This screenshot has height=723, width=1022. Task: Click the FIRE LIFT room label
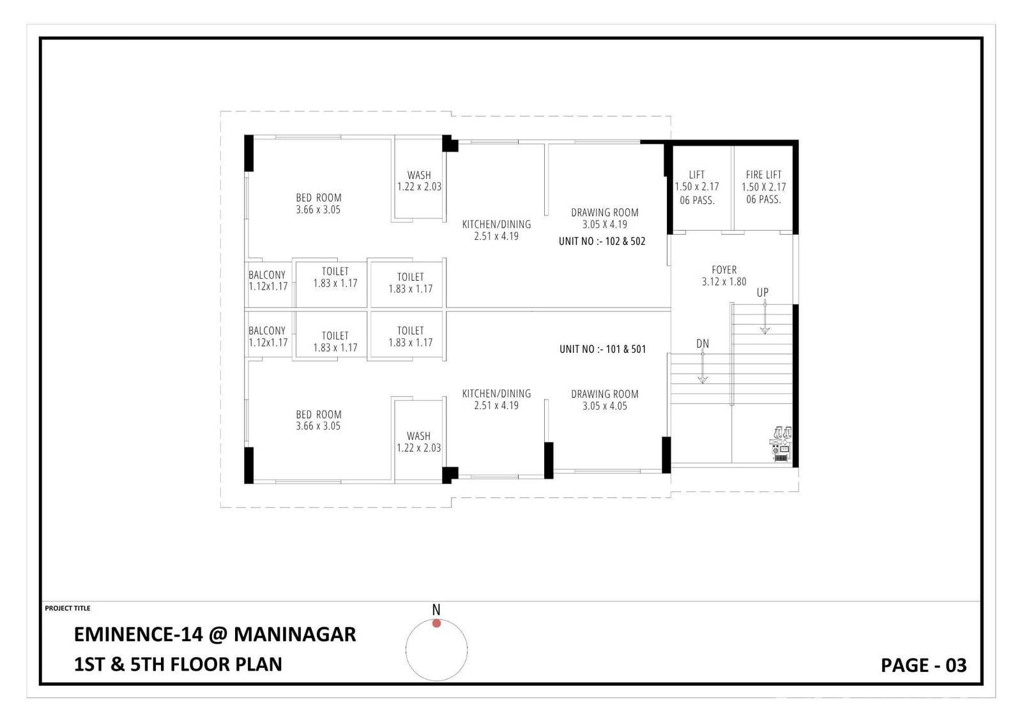[x=763, y=175]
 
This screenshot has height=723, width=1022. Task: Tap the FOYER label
[x=724, y=270]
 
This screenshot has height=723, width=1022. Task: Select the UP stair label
[x=763, y=292]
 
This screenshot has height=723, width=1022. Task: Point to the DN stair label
[x=703, y=343]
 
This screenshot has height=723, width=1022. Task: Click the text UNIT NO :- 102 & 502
[x=602, y=241]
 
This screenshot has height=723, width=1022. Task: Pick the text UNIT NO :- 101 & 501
[x=603, y=350]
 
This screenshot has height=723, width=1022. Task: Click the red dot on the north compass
[x=436, y=623]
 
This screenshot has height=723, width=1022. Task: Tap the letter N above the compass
[x=436, y=610]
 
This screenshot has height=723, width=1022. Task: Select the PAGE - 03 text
[x=924, y=665]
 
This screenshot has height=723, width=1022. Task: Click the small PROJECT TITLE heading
[x=68, y=609]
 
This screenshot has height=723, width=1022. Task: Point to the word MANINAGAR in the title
[x=294, y=634]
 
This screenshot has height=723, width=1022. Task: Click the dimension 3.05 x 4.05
[x=604, y=406]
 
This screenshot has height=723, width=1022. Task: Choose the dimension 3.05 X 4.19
[x=604, y=224]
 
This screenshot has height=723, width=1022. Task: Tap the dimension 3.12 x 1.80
[x=724, y=282]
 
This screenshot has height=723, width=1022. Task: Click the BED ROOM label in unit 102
[x=319, y=198]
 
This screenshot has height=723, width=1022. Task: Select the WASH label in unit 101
[x=418, y=436]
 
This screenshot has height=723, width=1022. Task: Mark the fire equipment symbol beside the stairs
[x=781, y=444]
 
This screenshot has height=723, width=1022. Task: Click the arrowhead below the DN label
[x=703, y=380]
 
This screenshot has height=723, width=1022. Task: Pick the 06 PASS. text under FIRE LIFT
[x=763, y=199]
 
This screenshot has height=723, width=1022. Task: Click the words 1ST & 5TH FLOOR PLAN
[x=178, y=665]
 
